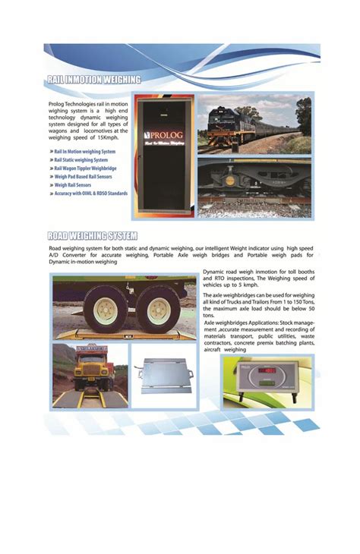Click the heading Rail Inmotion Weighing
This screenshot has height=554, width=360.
(93, 79)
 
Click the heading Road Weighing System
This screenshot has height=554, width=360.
(93, 235)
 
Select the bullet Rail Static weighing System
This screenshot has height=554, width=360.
(82, 160)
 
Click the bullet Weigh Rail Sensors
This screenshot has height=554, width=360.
(74, 185)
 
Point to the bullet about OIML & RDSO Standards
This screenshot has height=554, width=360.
(90, 194)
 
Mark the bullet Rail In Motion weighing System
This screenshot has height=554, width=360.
(85, 152)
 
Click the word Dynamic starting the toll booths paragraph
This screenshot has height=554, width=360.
(214, 272)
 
